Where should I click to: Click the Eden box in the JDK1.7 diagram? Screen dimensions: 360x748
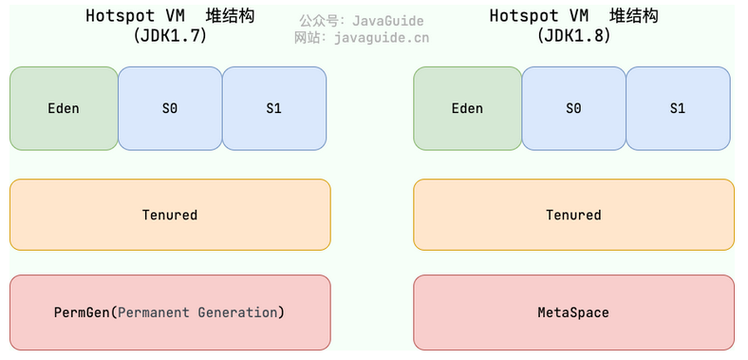pyautogui.click(x=64, y=108)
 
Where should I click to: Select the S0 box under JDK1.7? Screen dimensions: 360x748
pyautogui.click(x=170, y=108)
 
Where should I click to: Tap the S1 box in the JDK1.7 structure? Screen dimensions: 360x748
pyautogui.click(x=274, y=108)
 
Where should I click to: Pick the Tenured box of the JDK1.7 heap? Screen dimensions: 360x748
pyautogui.click(x=170, y=215)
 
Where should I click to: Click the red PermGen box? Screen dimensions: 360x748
pyautogui.click(x=170, y=313)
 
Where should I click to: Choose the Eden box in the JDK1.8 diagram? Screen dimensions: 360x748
pyautogui.click(x=467, y=108)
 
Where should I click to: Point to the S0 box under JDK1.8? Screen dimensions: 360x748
pyautogui.click(x=573, y=108)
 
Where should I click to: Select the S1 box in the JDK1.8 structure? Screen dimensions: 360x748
pyautogui.click(x=678, y=108)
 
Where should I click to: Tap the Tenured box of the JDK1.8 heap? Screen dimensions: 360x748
pyautogui.click(x=573, y=215)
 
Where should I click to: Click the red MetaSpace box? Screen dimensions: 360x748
pyautogui.click(x=573, y=313)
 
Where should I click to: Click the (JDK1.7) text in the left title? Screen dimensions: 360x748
pyautogui.click(x=170, y=36)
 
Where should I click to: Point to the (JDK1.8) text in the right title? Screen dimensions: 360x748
pyautogui.click(x=573, y=36)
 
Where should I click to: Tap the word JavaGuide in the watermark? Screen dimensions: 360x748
pyautogui.click(x=388, y=20)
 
